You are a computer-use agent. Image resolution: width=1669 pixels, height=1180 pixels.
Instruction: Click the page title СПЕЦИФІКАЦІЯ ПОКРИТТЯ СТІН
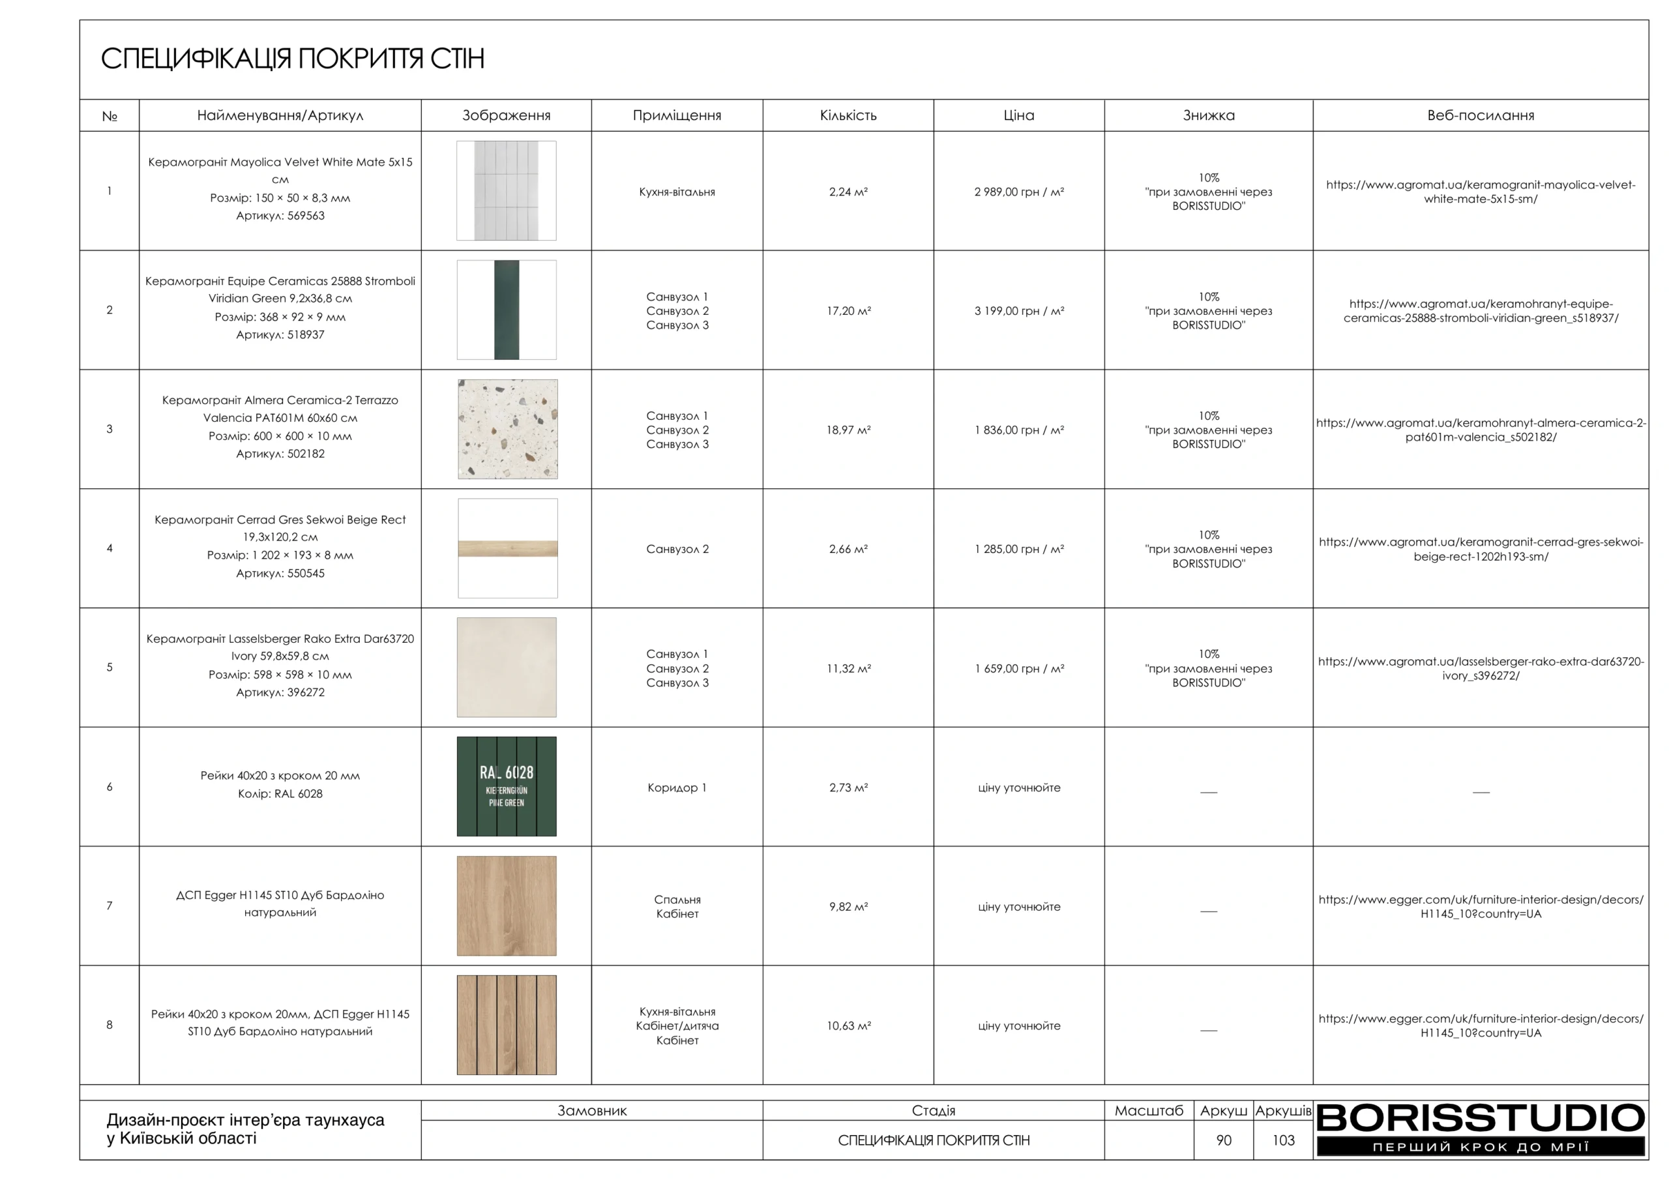click(292, 59)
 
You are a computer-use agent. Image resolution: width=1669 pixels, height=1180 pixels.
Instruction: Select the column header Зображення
click(506, 115)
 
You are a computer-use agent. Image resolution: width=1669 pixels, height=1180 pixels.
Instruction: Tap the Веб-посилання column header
click(1480, 115)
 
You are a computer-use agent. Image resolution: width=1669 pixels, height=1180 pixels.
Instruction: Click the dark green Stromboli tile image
click(507, 310)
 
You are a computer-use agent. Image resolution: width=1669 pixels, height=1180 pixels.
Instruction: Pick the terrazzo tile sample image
click(507, 429)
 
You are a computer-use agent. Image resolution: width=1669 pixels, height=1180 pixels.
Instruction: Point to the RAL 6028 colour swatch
click(507, 786)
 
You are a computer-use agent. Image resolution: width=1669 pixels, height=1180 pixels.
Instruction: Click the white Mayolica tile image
click(507, 190)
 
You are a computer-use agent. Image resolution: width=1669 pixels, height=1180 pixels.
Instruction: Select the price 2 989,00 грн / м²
click(1018, 192)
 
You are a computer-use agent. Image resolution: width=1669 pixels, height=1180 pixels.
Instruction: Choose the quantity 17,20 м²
click(848, 311)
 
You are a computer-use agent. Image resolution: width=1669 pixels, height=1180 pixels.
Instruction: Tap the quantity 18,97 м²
click(848, 430)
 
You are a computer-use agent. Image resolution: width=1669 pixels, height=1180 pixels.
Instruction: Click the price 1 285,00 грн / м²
click(1018, 550)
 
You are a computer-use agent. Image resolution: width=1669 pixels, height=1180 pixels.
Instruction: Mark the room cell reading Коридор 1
click(677, 788)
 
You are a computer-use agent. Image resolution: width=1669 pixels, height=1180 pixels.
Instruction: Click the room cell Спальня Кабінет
click(677, 907)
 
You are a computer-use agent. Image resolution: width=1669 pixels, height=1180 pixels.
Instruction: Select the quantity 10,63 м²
click(848, 1026)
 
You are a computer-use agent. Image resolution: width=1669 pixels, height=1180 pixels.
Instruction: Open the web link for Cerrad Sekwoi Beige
click(1480, 549)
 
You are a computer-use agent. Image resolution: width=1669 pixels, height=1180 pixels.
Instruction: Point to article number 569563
click(280, 216)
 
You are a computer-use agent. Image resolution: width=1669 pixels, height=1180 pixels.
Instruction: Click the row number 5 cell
click(110, 668)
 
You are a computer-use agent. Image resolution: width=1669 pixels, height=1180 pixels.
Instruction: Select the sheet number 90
click(1224, 1140)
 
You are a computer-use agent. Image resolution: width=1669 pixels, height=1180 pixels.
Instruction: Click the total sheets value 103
click(1283, 1140)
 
